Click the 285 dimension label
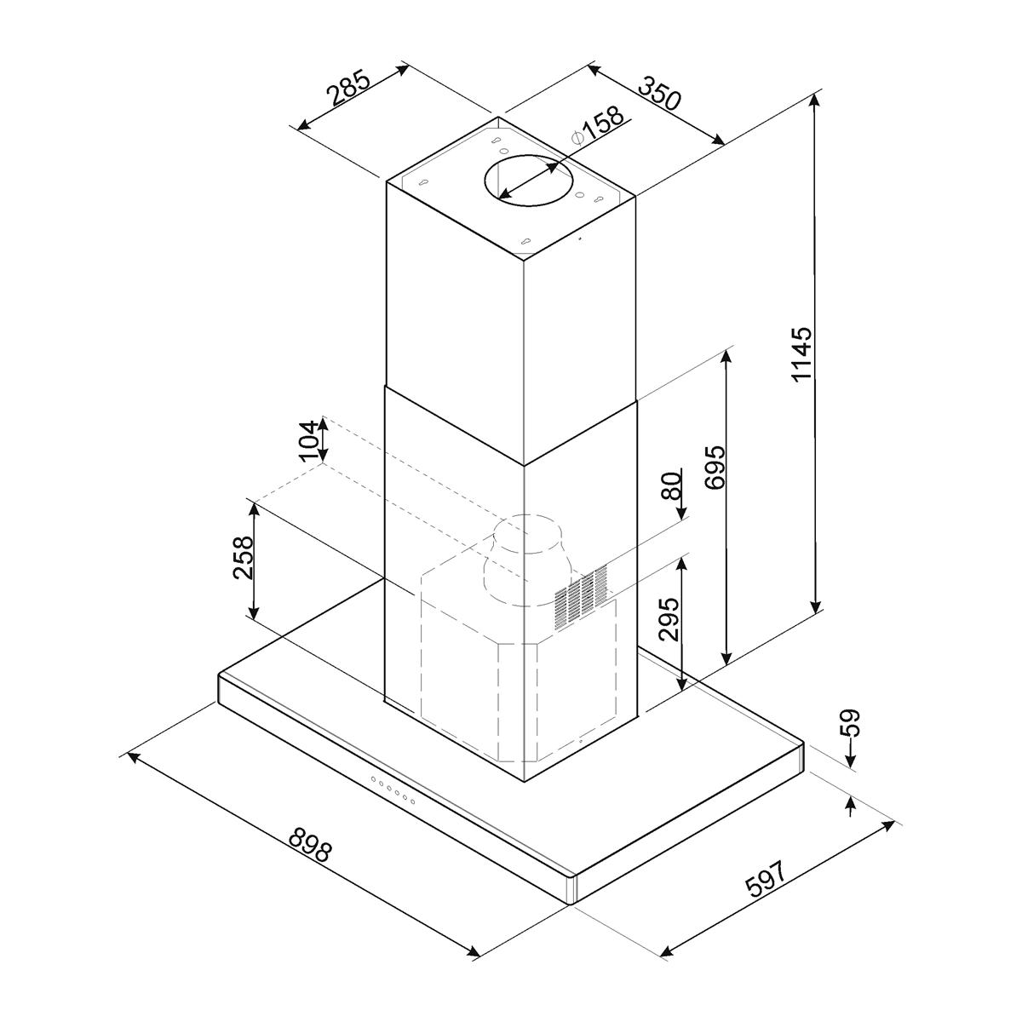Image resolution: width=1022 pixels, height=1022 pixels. [348, 88]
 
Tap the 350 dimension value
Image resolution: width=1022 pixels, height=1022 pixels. [658, 92]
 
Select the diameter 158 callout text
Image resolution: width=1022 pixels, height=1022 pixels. [597, 127]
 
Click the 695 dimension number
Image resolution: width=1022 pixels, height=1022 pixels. [715, 468]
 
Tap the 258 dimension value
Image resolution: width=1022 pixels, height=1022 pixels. [244, 557]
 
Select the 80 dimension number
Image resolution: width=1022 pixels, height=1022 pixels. [671, 485]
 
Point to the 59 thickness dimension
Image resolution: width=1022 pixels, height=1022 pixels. [849, 723]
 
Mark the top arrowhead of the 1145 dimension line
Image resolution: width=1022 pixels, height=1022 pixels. [816, 100]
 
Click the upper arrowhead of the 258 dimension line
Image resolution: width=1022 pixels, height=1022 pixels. [255, 509]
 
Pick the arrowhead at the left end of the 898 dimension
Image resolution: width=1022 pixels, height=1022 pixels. [130, 757]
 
